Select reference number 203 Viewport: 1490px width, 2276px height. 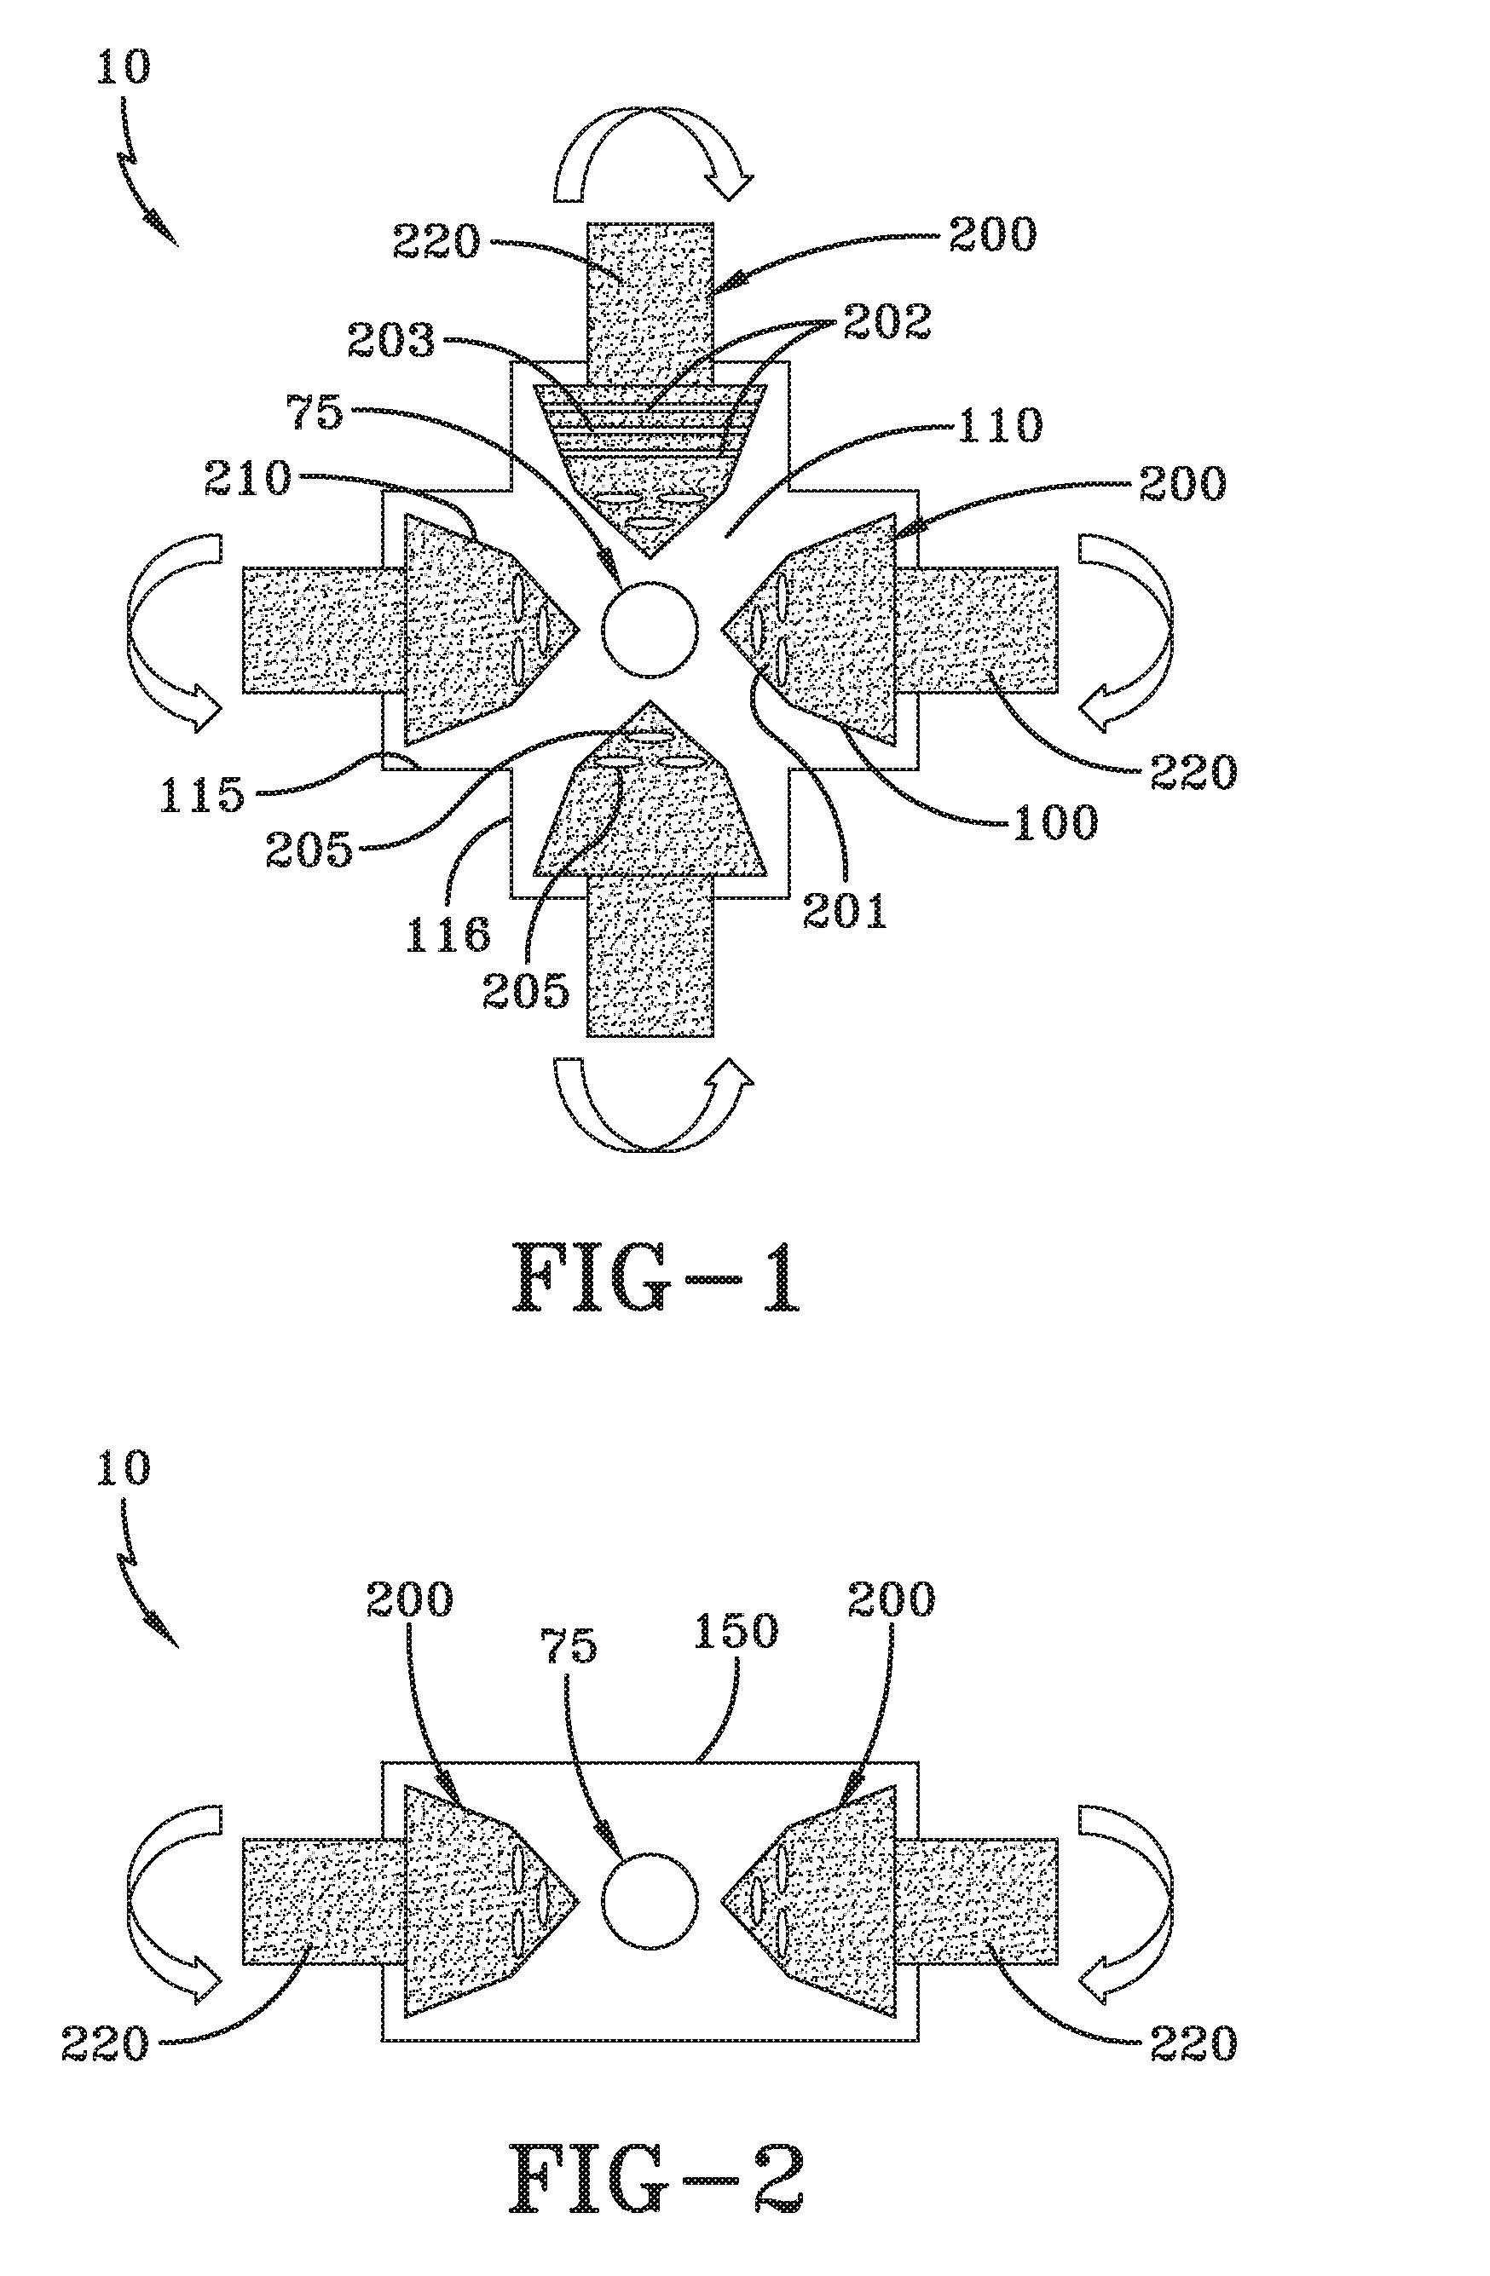coord(390,341)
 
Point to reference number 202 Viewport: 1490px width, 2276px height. coord(886,322)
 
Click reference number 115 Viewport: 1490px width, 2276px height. coord(202,792)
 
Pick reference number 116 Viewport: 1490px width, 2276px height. coord(448,932)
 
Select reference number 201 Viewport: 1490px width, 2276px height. coord(845,910)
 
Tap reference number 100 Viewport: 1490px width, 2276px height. coord(1055,822)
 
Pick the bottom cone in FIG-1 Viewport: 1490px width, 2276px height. coord(650,804)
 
